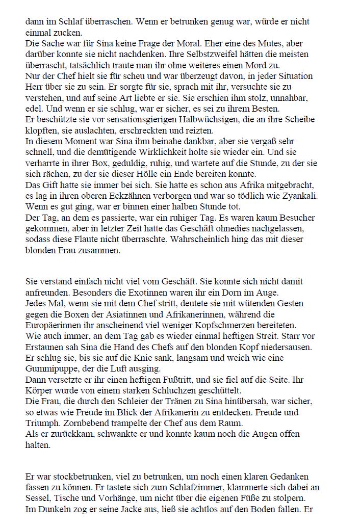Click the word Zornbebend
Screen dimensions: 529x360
[x=94, y=422]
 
